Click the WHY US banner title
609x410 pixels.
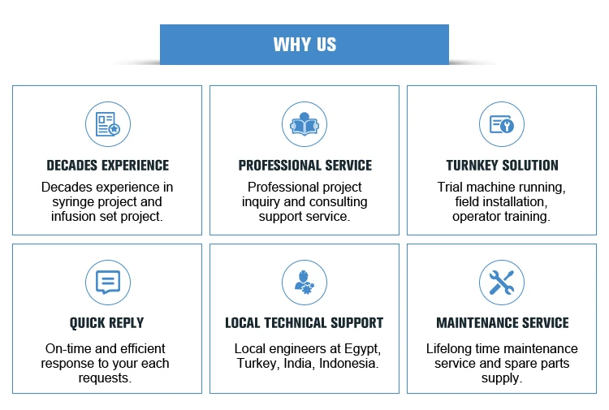click(x=304, y=45)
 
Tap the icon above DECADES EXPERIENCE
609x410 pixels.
click(x=107, y=124)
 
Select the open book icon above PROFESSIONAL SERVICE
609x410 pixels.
click(x=304, y=124)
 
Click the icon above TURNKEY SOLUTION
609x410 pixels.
click(x=501, y=124)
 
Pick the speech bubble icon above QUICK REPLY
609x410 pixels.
click(x=107, y=282)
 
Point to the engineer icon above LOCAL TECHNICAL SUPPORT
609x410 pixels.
click(x=304, y=282)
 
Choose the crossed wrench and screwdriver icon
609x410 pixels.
click(x=501, y=282)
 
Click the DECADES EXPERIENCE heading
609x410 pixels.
click(x=107, y=166)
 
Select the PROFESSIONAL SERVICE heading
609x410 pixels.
click(x=304, y=166)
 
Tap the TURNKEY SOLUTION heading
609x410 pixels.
click(x=502, y=166)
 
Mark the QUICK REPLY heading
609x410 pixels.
click(x=107, y=323)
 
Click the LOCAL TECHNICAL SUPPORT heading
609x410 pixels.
click(x=304, y=323)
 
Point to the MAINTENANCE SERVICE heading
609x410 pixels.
click(x=502, y=323)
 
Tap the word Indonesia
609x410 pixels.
click(x=348, y=363)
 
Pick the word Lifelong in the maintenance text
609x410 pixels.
click(x=451, y=348)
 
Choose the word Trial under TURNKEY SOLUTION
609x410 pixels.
click(x=452, y=188)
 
